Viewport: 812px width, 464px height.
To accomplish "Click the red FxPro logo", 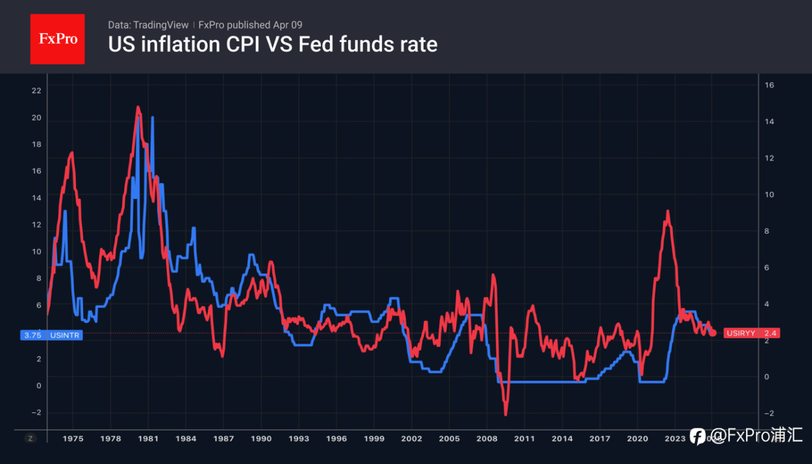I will tap(57, 39).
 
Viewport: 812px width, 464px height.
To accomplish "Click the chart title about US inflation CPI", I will tap(273, 44).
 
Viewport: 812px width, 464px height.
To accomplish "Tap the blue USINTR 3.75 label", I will tap(51, 335).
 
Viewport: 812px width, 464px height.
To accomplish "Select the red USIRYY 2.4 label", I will tap(752, 333).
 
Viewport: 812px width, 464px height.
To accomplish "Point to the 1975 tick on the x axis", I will tap(73, 438).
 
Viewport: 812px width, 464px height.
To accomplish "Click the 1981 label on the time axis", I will tap(148, 438).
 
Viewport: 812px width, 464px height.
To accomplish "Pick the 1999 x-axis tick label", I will tap(374, 438).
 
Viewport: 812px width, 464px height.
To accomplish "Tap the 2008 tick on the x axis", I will tap(487, 438).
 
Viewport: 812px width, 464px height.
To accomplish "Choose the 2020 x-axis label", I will tap(637, 438).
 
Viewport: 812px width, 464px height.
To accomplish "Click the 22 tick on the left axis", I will tap(36, 91).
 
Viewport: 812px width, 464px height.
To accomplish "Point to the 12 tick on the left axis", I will tap(36, 225).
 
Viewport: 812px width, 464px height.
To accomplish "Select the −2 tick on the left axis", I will tap(36, 413).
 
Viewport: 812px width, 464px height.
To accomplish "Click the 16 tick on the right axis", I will tap(769, 85).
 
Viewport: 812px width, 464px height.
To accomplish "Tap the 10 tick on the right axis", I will tap(769, 195).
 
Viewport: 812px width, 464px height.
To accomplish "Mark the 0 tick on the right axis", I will tap(767, 377).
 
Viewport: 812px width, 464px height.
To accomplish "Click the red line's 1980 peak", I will tap(138, 107).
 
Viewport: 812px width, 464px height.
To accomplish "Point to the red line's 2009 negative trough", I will tap(506, 415).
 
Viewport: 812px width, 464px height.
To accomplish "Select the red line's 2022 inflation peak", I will tap(667, 211).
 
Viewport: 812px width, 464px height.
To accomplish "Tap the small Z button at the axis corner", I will tap(30, 438).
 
